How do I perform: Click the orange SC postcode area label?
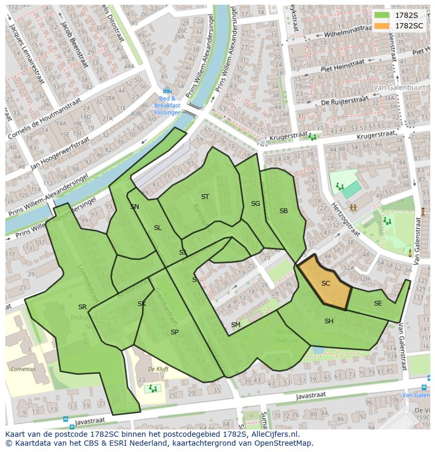(x=326, y=283)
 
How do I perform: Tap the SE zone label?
(x=378, y=303)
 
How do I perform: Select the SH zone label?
(x=329, y=321)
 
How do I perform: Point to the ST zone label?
(x=205, y=197)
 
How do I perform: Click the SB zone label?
(x=284, y=211)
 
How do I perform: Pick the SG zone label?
(x=255, y=204)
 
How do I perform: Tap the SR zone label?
(x=82, y=307)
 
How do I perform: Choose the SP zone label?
(x=174, y=332)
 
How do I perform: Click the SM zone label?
(x=235, y=325)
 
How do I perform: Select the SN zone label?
(x=135, y=207)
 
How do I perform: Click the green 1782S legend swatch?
(x=382, y=15)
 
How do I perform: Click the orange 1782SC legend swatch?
(x=382, y=26)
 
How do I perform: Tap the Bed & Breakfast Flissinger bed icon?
(x=167, y=91)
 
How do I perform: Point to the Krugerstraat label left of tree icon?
(x=287, y=138)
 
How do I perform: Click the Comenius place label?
(x=23, y=369)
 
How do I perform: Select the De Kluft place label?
(x=158, y=369)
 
